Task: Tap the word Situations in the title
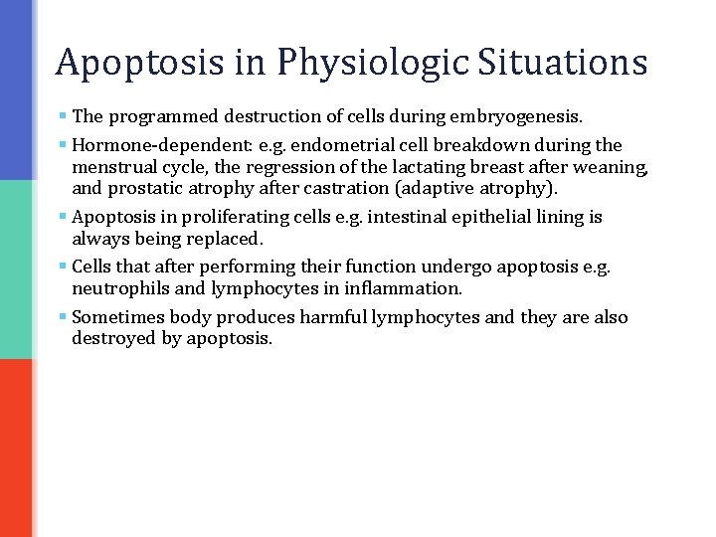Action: [x=563, y=62]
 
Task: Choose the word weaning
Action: [x=613, y=166]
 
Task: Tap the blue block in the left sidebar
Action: [x=18, y=89]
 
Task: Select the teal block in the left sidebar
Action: [x=18, y=268]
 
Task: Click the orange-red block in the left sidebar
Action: [x=18, y=447]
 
